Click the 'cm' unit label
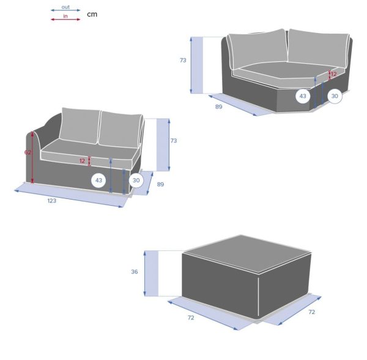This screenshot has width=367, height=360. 92,14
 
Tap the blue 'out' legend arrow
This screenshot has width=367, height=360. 65,10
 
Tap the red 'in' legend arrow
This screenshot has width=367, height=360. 65,20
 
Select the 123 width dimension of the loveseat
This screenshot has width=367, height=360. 52,201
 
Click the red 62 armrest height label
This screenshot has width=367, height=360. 28,152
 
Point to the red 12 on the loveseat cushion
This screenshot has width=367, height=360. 82,161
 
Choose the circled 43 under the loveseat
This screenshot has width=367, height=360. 98,181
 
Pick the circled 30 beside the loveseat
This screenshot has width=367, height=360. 136,181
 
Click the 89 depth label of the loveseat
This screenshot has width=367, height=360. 160,184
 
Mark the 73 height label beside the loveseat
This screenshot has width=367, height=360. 174,141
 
